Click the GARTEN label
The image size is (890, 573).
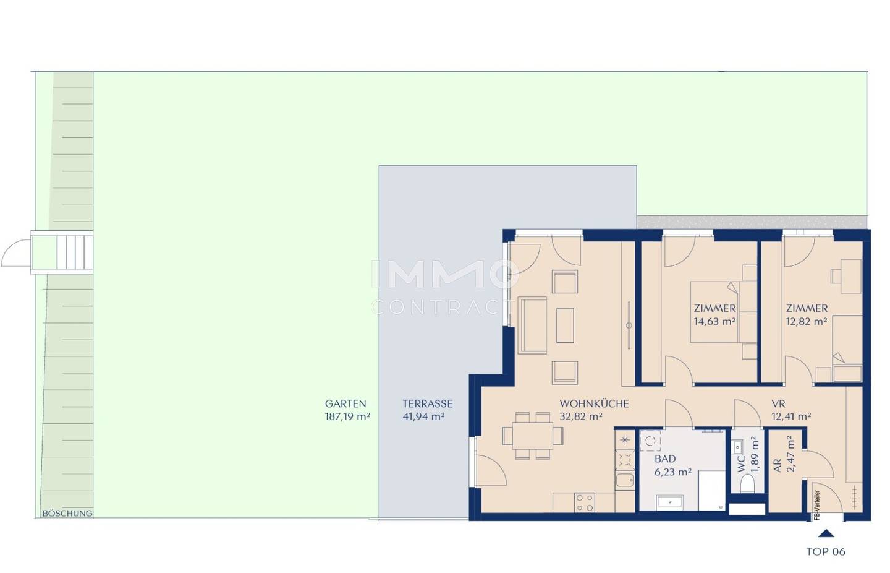tap(345, 404)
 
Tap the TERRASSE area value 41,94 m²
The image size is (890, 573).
tap(423, 416)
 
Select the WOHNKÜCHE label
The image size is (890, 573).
tap(594, 404)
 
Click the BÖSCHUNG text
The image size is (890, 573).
tap(67, 514)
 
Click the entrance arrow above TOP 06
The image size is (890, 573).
tap(826, 533)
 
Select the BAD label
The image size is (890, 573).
tap(665, 459)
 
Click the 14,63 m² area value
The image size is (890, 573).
tap(714, 322)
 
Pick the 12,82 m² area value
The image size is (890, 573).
tap(807, 322)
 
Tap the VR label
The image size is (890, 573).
tap(778, 404)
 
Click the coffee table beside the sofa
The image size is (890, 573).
tap(565, 325)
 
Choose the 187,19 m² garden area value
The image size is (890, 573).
tap(347, 416)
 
